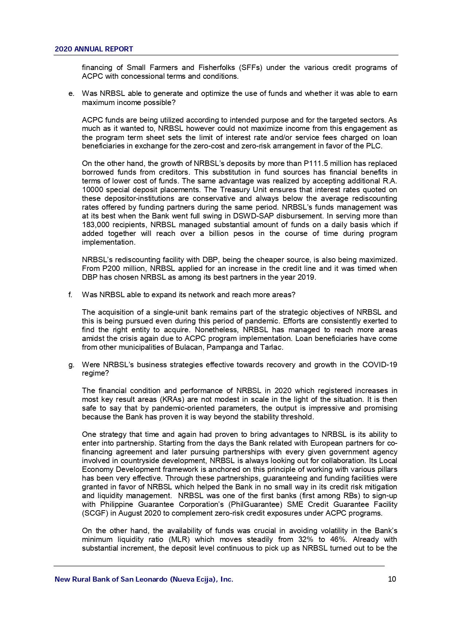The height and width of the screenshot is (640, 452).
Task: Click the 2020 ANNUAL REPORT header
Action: pos(94,49)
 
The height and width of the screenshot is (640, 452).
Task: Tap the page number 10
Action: pos(392,579)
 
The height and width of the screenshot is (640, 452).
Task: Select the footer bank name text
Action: pos(144,579)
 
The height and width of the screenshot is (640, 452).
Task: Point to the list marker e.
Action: pos(71,94)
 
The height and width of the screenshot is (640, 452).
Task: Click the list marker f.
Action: pos(71,295)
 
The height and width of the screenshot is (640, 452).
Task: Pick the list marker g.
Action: pos(71,365)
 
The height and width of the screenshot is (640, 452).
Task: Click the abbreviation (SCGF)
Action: pos(95,513)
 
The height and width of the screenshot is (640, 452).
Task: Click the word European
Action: pos(327,443)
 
